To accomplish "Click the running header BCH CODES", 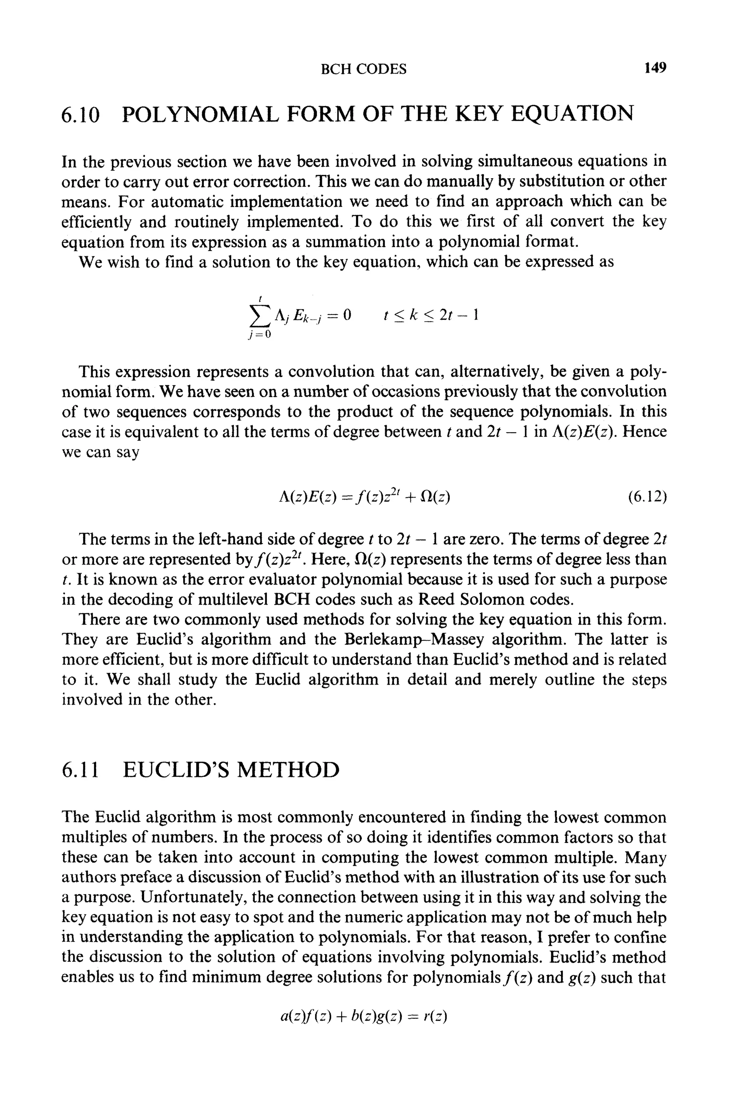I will click(x=364, y=69).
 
